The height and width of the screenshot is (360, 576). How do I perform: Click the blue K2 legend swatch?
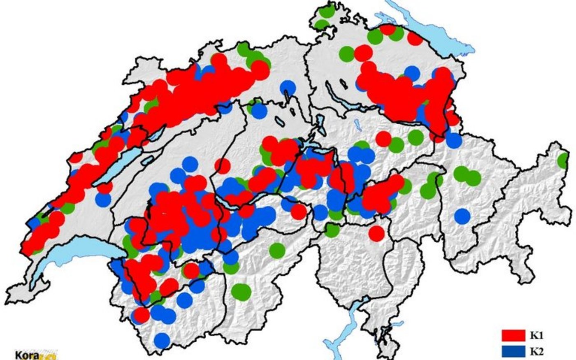click(513, 351)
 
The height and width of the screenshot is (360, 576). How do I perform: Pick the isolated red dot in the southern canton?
click(376, 233)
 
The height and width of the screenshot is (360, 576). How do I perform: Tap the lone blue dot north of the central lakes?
click(288, 88)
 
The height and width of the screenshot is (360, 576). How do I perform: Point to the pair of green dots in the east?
click(467, 176)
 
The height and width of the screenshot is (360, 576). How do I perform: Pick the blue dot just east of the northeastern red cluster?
click(454, 141)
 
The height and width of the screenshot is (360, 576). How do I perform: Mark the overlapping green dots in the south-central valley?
click(241, 292)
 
